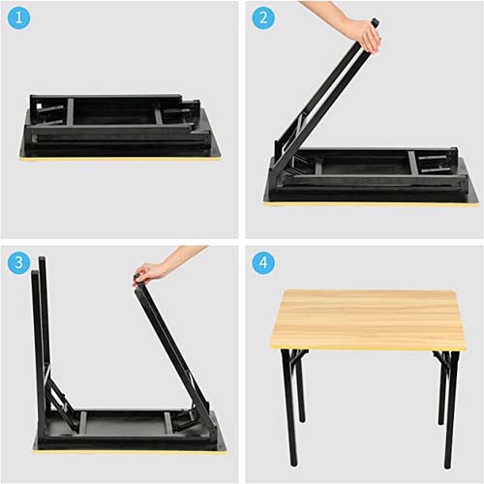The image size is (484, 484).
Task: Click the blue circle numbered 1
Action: [18, 17]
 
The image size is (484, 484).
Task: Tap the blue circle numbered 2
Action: [263, 17]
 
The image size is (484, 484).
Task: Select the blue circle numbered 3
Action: [18, 262]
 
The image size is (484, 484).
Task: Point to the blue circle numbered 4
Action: [263, 262]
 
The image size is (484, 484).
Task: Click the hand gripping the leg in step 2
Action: [366, 34]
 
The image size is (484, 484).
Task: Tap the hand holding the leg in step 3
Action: [149, 274]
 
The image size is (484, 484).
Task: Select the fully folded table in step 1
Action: [119, 128]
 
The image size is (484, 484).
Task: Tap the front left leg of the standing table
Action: [287, 407]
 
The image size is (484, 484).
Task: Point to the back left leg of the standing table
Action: [301, 385]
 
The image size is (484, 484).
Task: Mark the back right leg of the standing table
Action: [440, 387]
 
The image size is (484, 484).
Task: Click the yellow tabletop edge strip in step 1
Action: [120, 159]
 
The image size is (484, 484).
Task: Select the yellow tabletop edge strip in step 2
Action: [371, 204]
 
